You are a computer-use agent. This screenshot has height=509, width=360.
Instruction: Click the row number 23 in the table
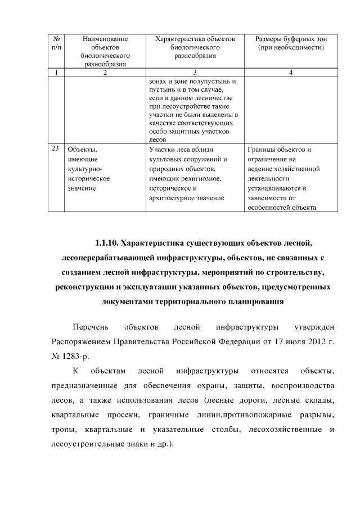[55, 149]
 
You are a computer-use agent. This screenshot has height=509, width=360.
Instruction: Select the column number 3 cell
[194, 73]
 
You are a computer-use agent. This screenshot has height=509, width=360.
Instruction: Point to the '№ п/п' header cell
[56, 43]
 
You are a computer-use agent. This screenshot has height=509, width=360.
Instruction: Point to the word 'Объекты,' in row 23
[82, 150]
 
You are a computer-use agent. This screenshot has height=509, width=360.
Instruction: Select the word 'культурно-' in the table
[85, 169]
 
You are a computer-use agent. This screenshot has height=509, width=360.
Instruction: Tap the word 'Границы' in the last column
[262, 150]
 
